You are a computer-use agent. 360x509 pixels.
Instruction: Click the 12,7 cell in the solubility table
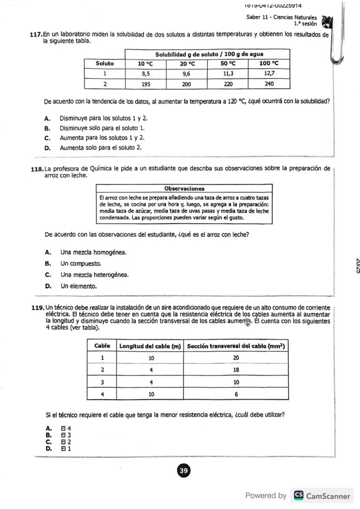coord(269,74)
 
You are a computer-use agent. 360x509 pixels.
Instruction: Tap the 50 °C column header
coord(228,63)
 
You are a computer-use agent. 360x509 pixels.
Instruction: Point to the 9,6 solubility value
coord(187,74)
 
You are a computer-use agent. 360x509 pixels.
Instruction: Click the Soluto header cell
coord(105,63)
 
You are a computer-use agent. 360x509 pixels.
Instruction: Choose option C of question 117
coord(102,138)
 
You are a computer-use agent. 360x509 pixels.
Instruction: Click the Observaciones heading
coord(184,189)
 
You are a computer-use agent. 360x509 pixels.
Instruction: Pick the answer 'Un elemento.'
coord(79,286)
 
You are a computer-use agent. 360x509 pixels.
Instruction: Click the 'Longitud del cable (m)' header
coord(150,346)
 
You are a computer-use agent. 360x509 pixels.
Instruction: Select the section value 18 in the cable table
coord(237,370)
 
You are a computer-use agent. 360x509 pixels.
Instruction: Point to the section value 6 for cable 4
coord(237,394)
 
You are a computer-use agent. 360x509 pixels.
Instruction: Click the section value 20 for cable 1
coord(237,358)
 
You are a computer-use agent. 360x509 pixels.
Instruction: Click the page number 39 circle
coord(184,471)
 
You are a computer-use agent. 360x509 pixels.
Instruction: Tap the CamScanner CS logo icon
coord(299,496)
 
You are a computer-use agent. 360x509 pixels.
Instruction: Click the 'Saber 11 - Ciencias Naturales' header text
coord(281,17)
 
